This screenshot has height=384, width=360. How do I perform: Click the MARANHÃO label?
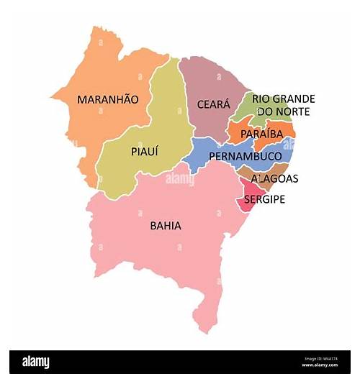coord(108,99)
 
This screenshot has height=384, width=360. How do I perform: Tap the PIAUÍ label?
coord(145,152)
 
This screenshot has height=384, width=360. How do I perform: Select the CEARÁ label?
coord(214,105)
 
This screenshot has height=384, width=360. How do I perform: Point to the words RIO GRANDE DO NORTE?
coord(284,105)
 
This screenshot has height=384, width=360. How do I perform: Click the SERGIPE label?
coord(264,199)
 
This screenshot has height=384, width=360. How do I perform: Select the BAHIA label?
coord(166,226)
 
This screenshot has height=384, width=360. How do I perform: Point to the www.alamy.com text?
coord(319,365)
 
